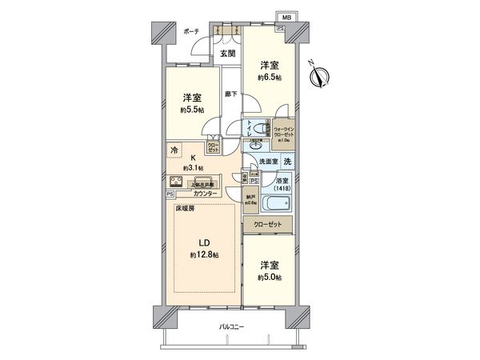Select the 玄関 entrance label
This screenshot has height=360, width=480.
tap(228, 54)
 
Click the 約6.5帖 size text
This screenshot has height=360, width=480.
tap(269, 78)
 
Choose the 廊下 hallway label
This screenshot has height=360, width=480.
tap(230, 93)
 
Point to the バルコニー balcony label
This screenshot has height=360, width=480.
tap(232, 328)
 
